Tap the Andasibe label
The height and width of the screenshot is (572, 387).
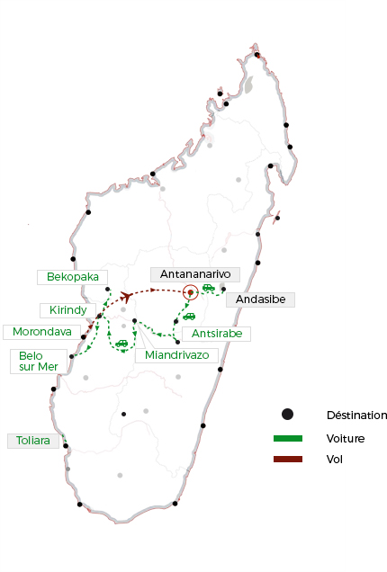(x=260, y=299)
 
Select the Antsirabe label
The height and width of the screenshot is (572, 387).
(x=217, y=334)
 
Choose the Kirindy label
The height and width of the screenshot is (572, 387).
(x=68, y=310)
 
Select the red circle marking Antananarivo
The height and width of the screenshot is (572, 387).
(x=190, y=292)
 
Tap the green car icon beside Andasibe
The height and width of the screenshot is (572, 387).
(x=209, y=288)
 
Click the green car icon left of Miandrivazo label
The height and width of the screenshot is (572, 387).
(x=121, y=343)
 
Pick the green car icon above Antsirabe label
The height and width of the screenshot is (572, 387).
(x=189, y=316)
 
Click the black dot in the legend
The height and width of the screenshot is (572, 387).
(x=287, y=415)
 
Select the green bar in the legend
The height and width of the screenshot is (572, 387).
(x=287, y=438)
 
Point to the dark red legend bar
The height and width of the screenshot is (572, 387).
(x=287, y=460)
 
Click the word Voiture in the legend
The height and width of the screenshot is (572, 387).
(x=345, y=438)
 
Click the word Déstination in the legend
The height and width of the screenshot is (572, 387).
(x=356, y=416)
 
